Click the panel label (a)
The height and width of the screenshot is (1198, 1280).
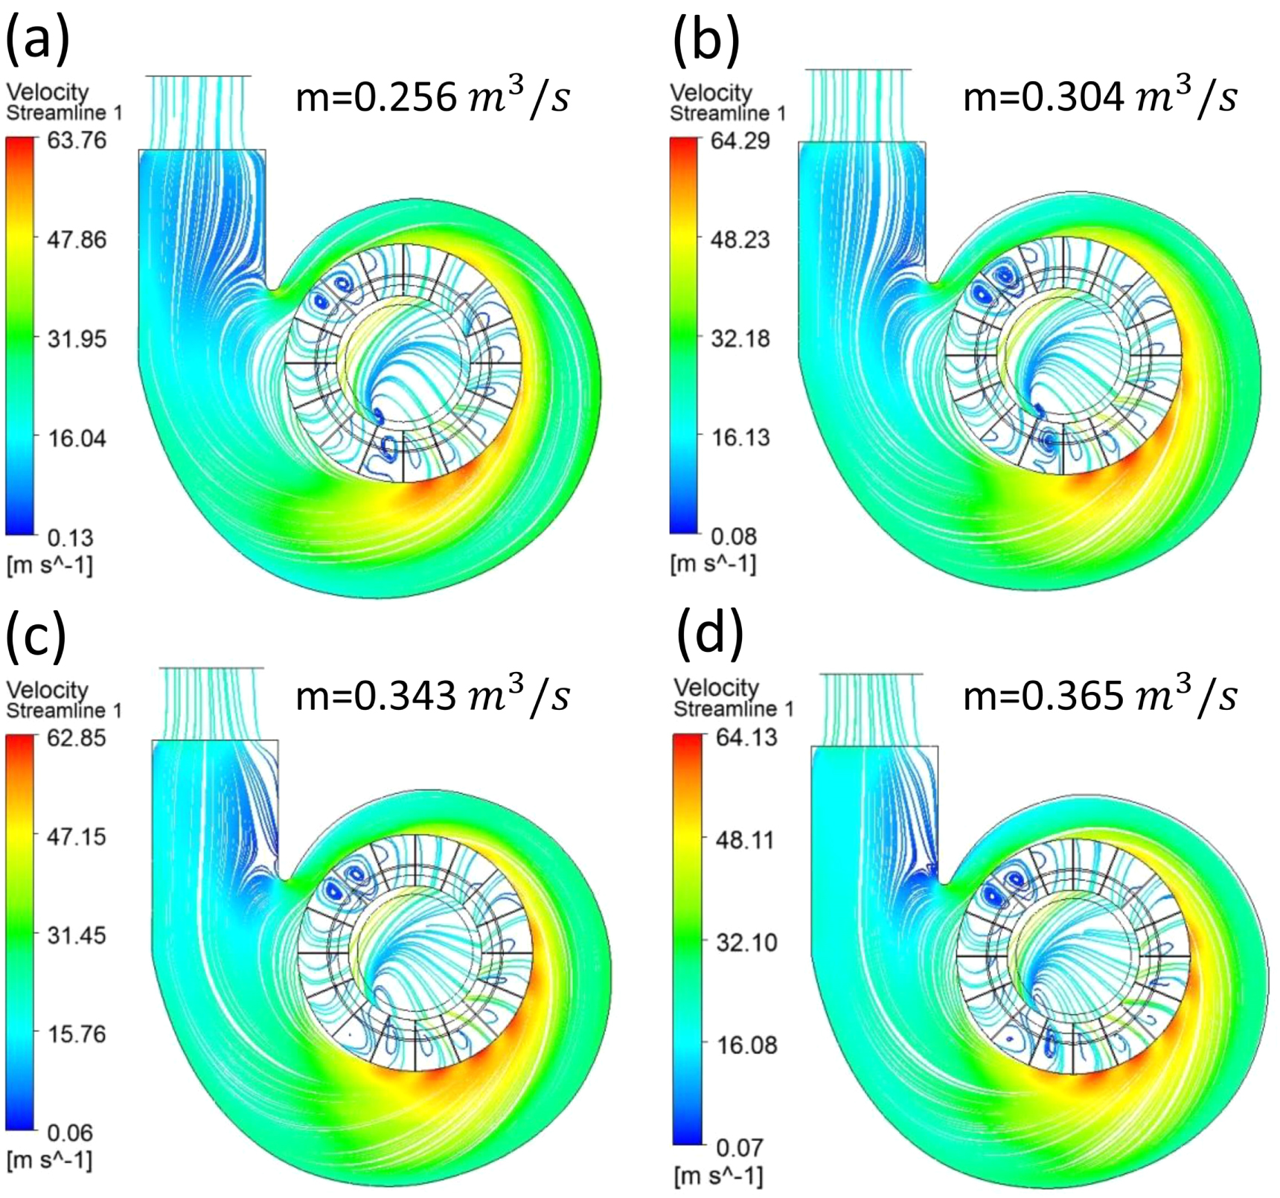[37, 39]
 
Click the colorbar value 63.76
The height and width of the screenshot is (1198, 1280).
[77, 141]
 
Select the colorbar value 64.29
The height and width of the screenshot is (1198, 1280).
[740, 141]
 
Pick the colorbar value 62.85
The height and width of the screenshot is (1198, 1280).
[77, 738]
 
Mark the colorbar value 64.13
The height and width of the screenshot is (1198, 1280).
[746, 737]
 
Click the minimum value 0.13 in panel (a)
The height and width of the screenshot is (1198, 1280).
[71, 537]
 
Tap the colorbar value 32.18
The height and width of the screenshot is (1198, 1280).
[740, 339]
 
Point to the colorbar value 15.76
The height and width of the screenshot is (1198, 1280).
[77, 1034]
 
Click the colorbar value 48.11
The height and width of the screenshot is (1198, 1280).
[746, 840]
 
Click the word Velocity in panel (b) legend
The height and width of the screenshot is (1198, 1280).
[711, 93]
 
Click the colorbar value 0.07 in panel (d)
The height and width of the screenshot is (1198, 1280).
[739, 1147]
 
